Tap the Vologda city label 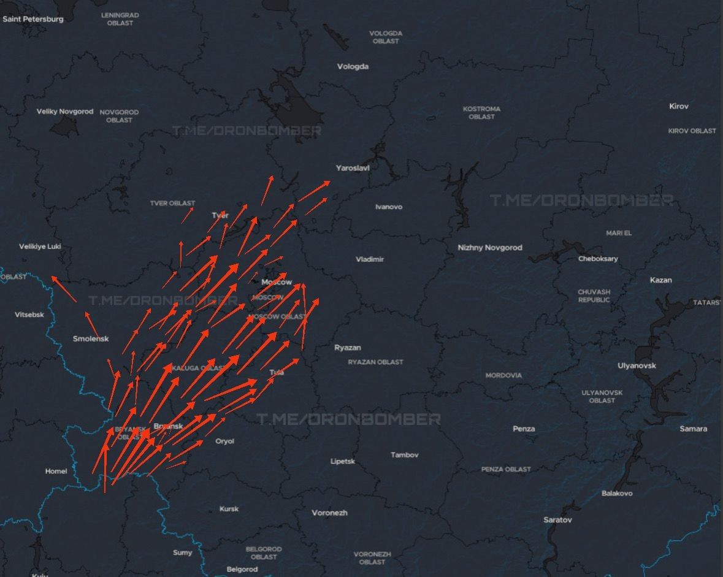click(x=353, y=66)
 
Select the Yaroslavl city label click(x=353, y=167)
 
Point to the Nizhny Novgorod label click(x=490, y=248)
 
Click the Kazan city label click(x=660, y=280)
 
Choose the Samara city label click(x=693, y=429)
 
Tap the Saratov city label click(x=557, y=520)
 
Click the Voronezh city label click(x=329, y=513)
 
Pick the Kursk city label click(x=229, y=509)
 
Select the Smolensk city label click(x=91, y=338)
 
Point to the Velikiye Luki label click(x=40, y=246)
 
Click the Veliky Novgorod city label click(x=65, y=112)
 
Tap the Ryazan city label click(x=347, y=348)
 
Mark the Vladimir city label click(x=370, y=259)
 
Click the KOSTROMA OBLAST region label click(x=481, y=113)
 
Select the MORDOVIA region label click(x=503, y=375)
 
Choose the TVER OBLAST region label click(x=172, y=203)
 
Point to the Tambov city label click(x=404, y=455)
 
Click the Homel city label click(x=56, y=471)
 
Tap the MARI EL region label click(x=618, y=233)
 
